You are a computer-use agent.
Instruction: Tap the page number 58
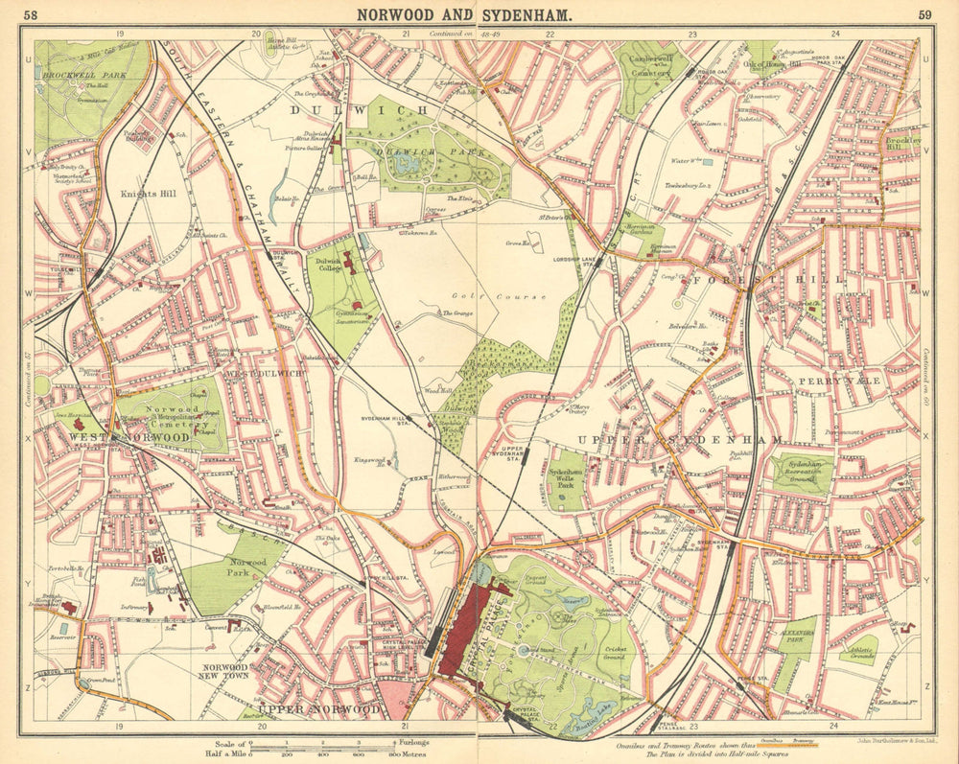tap(32, 13)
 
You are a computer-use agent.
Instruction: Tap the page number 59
tap(924, 13)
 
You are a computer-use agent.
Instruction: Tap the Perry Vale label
tap(826, 381)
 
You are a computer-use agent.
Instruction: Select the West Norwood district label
tap(129, 437)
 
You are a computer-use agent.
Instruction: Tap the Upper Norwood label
tap(321, 709)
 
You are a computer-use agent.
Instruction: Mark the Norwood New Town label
tap(225, 671)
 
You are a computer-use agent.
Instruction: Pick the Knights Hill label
tap(144, 192)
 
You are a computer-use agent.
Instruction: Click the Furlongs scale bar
tap(321, 745)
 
